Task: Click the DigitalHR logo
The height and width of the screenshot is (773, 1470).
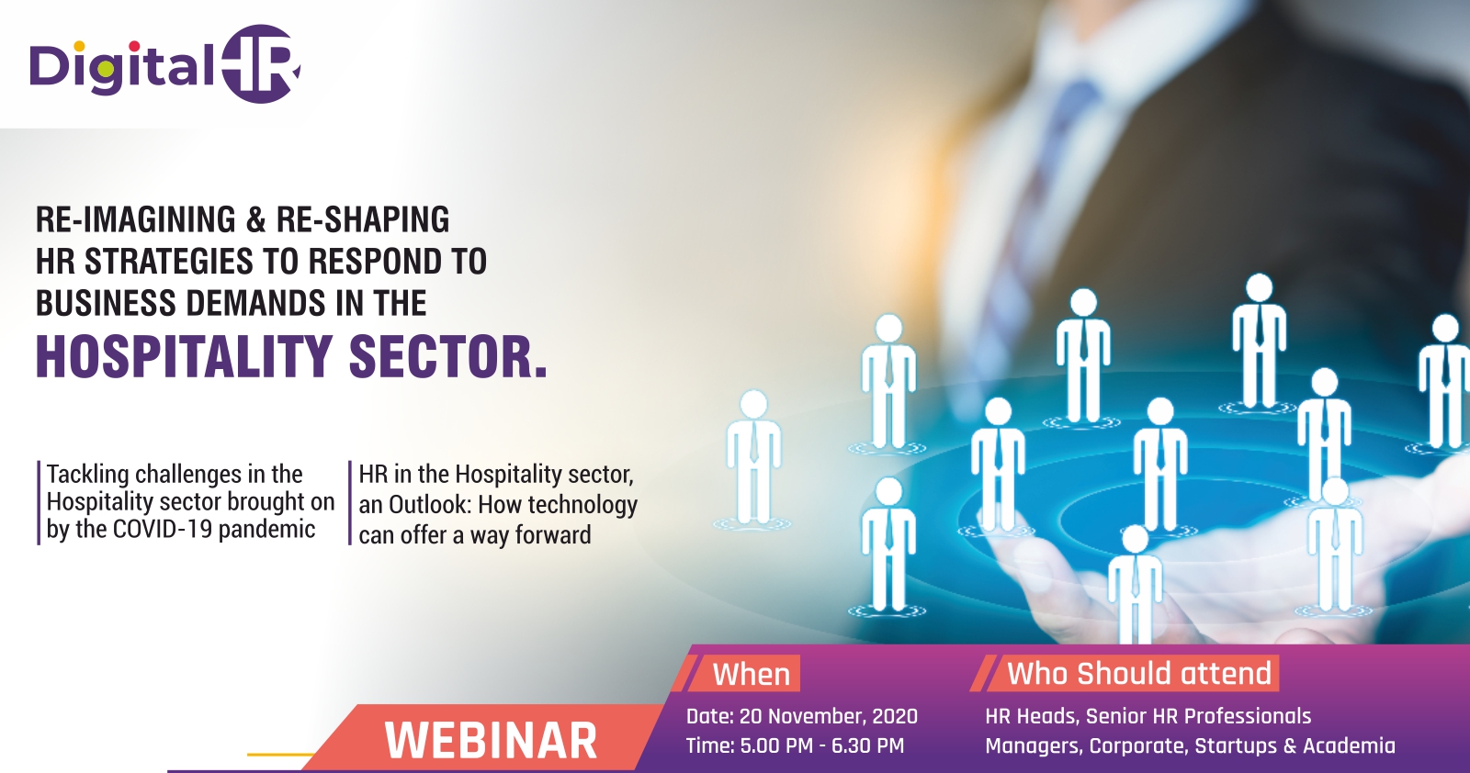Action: click(165, 63)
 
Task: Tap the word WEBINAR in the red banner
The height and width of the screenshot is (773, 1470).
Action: click(491, 741)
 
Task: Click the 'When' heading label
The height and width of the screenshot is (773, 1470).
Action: click(752, 674)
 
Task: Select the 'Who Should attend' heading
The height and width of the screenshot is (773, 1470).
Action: click(1139, 673)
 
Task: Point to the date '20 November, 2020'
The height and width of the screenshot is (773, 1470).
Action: click(828, 716)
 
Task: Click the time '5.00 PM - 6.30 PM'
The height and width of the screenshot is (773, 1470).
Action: click(821, 745)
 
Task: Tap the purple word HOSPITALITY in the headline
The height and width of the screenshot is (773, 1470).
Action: click(183, 357)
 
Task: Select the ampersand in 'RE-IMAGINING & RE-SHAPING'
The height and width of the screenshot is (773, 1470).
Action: click(256, 219)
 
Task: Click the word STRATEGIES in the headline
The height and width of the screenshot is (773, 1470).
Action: click(169, 262)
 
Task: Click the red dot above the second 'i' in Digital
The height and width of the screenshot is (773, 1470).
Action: click(134, 46)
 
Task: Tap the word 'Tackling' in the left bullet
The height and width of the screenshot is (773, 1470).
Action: click(88, 475)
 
